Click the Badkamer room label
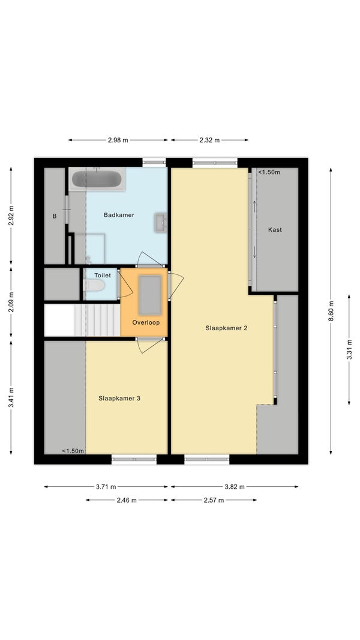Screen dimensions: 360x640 [119, 215]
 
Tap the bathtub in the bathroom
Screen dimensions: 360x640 [97, 179]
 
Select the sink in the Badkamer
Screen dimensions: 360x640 [161, 223]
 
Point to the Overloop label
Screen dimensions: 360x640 [146, 322]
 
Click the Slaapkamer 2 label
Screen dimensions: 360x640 [226, 328]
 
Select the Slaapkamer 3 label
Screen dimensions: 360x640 [119, 399]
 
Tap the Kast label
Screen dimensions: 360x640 [275, 230]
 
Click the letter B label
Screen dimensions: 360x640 [55, 217]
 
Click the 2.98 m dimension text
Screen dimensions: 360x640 [118, 140]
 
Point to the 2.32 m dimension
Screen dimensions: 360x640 [209, 140]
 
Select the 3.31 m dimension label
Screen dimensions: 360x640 [349, 349]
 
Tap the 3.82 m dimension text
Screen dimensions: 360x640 [235, 486]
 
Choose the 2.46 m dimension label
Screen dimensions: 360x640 [127, 500]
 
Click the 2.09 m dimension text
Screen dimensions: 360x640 [11, 303]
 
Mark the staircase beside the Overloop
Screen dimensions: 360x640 [97, 320]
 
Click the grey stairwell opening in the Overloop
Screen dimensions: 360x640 [150, 295]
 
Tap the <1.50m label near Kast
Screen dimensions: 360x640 [269, 172]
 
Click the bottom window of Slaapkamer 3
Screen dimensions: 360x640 [134, 460]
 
